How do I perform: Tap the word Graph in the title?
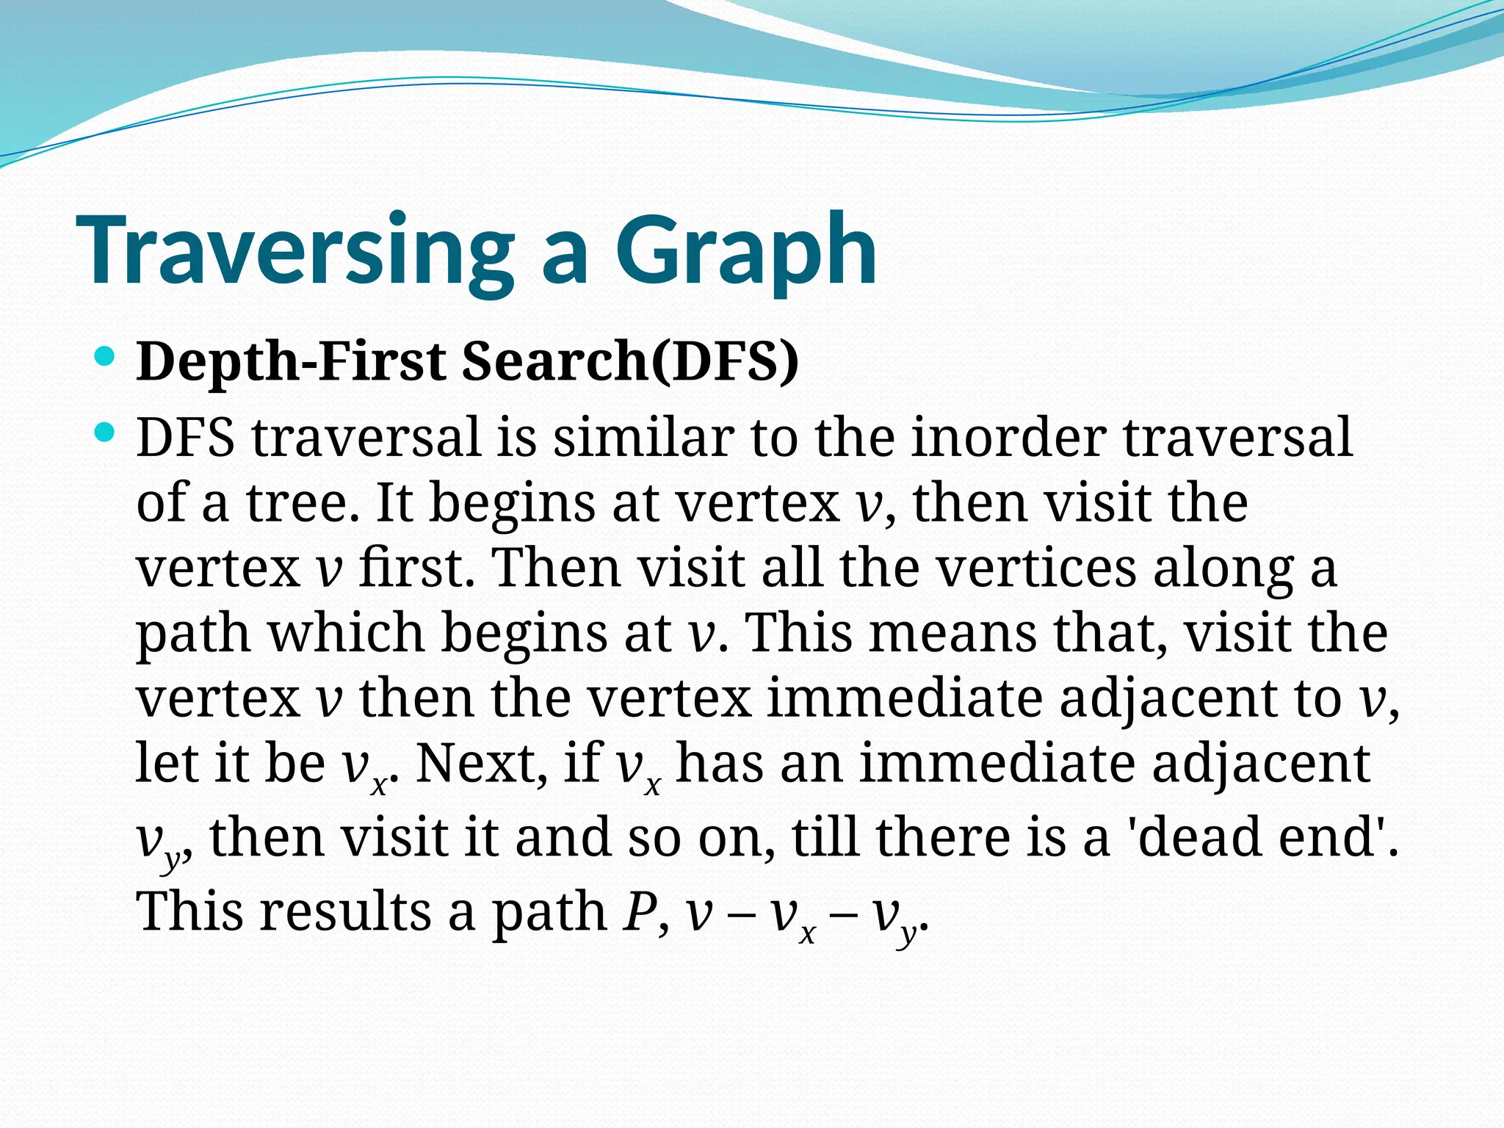click(x=745, y=251)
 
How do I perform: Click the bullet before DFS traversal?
click(x=106, y=433)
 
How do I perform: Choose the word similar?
click(x=643, y=438)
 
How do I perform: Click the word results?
click(x=346, y=911)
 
